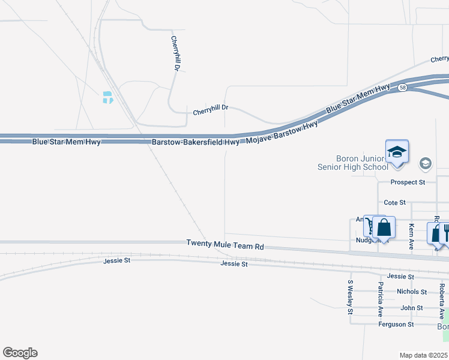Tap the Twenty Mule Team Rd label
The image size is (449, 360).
(225, 245)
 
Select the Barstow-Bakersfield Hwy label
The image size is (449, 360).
(196, 142)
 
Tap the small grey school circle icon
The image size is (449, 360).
(426, 163)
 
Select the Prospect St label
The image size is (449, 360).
(408, 182)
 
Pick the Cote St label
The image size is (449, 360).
(395, 203)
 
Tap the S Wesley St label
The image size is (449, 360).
(350, 297)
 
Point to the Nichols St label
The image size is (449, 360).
(412, 292)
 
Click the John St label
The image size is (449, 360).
(412, 308)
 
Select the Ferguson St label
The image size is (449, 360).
(396, 325)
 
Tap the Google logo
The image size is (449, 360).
(20, 353)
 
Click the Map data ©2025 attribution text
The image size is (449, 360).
(423, 355)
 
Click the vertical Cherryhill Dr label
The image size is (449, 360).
(175, 54)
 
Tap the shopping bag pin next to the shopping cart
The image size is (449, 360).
(384, 228)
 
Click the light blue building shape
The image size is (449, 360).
(107, 97)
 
